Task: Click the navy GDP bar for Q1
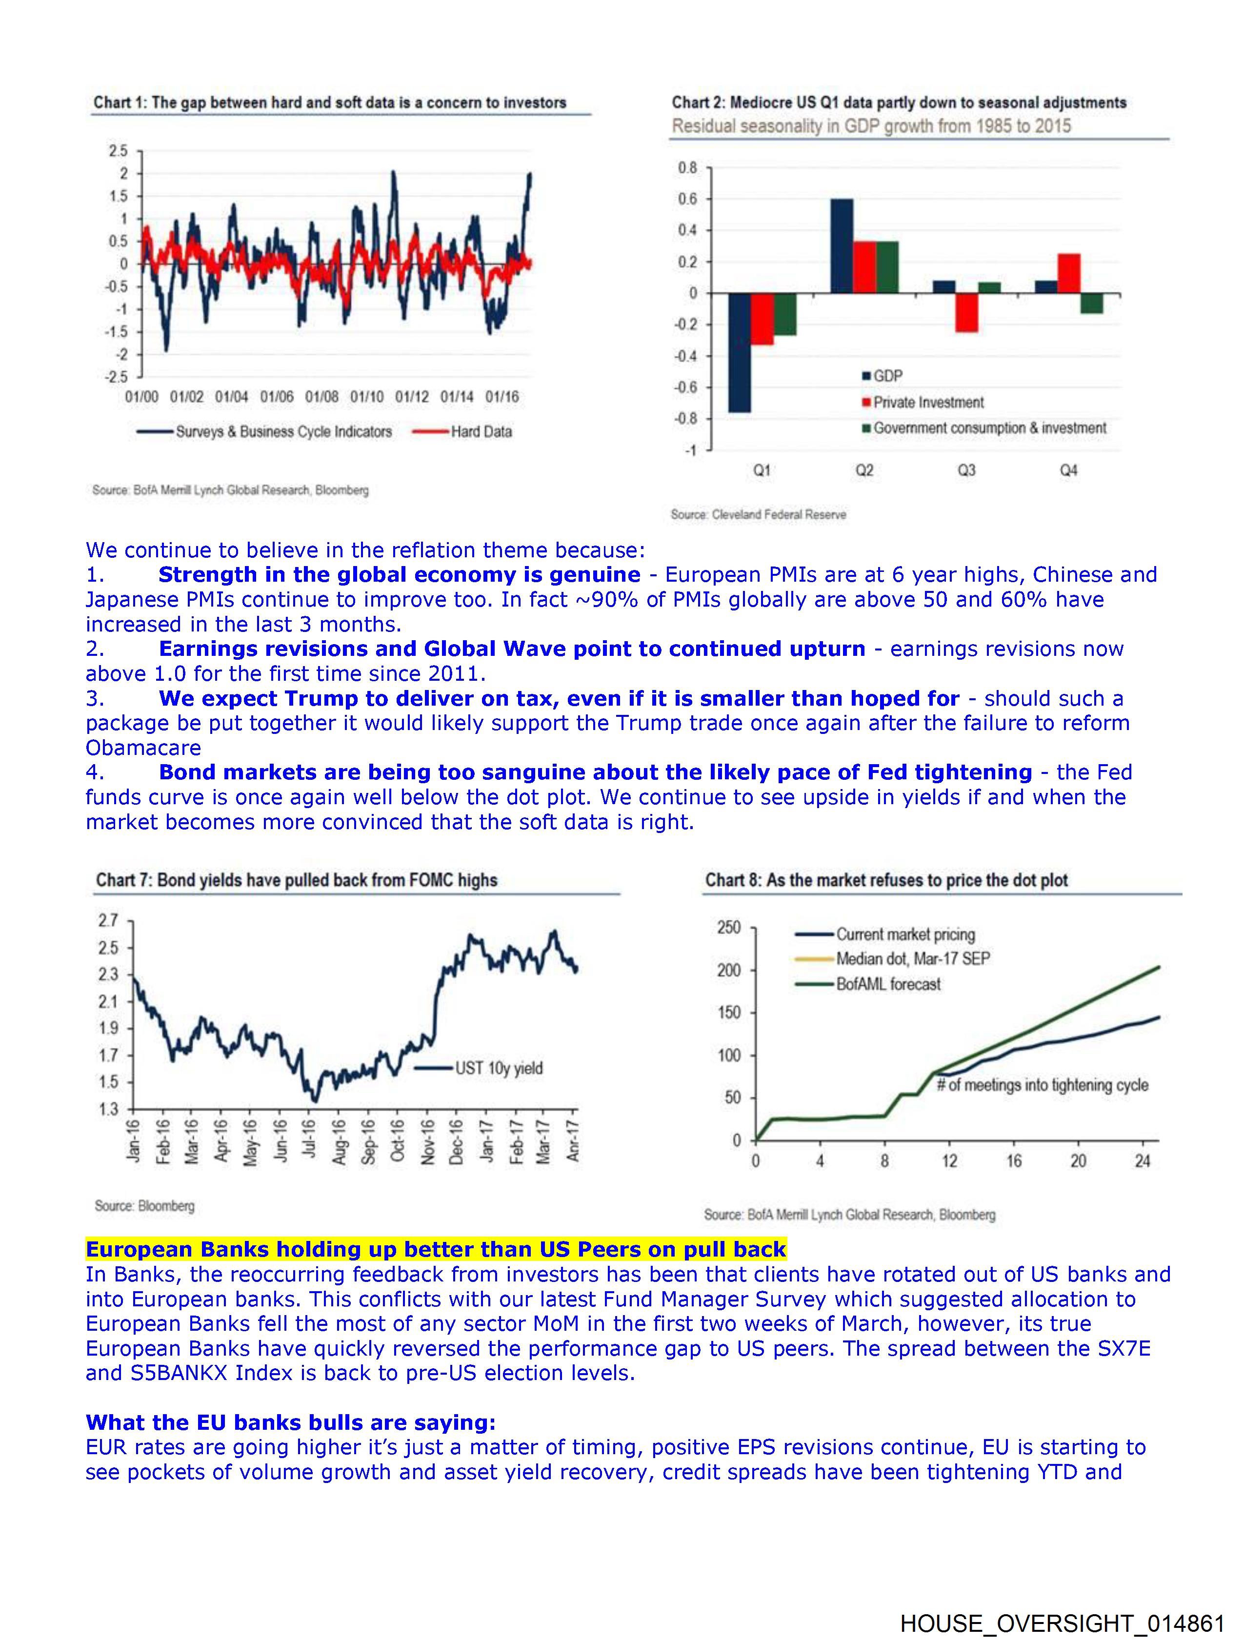(x=740, y=352)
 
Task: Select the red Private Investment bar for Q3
(x=966, y=312)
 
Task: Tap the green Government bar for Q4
(x=1091, y=303)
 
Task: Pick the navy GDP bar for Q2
(x=841, y=246)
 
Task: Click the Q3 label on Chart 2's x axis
(x=966, y=470)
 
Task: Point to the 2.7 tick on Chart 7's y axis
(x=108, y=921)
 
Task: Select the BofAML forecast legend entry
(x=888, y=984)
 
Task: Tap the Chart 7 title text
(x=296, y=880)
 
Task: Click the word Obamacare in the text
(x=142, y=748)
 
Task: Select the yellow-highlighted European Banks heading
(x=436, y=1249)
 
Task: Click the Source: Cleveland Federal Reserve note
(x=758, y=514)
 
